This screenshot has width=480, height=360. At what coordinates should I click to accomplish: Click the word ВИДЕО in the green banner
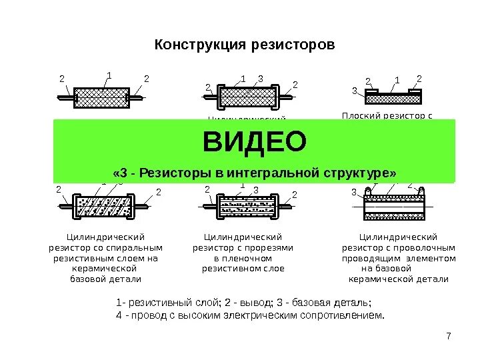(x=255, y=142)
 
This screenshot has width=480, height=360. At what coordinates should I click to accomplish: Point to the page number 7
(x=449, y=335)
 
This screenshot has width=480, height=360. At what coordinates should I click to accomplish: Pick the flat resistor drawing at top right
(x=393, y=98)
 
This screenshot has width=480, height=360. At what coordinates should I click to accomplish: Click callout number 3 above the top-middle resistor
(x=260, y=79)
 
